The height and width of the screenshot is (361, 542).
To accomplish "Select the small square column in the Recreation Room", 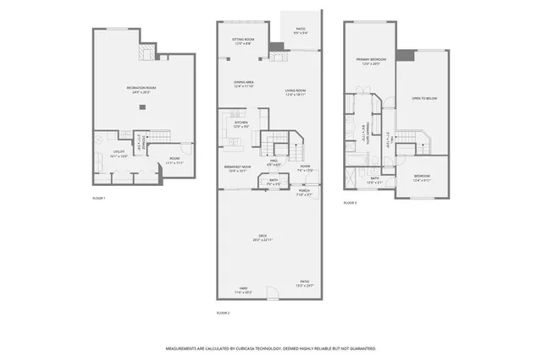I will pos(142,107).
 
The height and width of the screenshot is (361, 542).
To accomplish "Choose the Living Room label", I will pos(296,92).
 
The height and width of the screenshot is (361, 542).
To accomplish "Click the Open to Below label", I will pos(423,99).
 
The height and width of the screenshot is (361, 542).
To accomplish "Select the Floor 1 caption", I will pos(100,199).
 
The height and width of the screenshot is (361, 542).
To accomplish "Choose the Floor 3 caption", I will pos(350,204).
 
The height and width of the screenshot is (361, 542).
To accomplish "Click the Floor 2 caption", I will pos(224,313).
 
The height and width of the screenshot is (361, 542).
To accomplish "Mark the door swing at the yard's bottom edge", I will pos(273,296).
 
